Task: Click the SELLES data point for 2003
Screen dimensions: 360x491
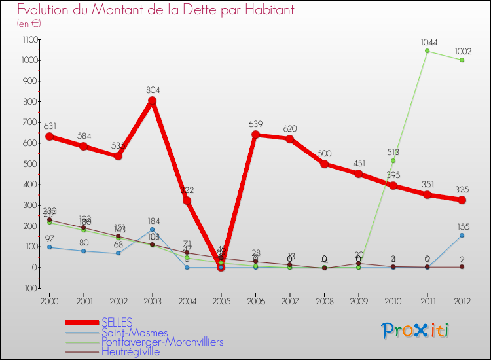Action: (x=153, y=101)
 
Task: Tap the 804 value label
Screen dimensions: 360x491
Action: (x=153, y=90)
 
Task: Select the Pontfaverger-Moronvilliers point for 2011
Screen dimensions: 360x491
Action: (x=427, y=51)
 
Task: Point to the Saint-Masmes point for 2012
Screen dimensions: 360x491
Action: (x=462, y=235)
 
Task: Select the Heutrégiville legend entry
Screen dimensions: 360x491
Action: (x=130, y=352)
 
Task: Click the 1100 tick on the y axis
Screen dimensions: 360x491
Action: (x=30, y=40)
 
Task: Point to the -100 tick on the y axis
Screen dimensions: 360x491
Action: (x=29, y=289)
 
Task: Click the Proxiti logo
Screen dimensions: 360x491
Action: (x=416, y=331)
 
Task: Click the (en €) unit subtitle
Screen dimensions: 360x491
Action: (x=29, y=23)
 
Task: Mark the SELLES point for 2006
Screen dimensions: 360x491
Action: (x=255, y=135)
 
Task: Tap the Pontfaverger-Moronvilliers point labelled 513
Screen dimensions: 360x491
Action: (x=393, y=160)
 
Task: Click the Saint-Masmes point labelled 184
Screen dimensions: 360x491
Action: (x=153, y=230)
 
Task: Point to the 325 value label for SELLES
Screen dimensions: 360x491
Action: (x=462, y=189)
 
